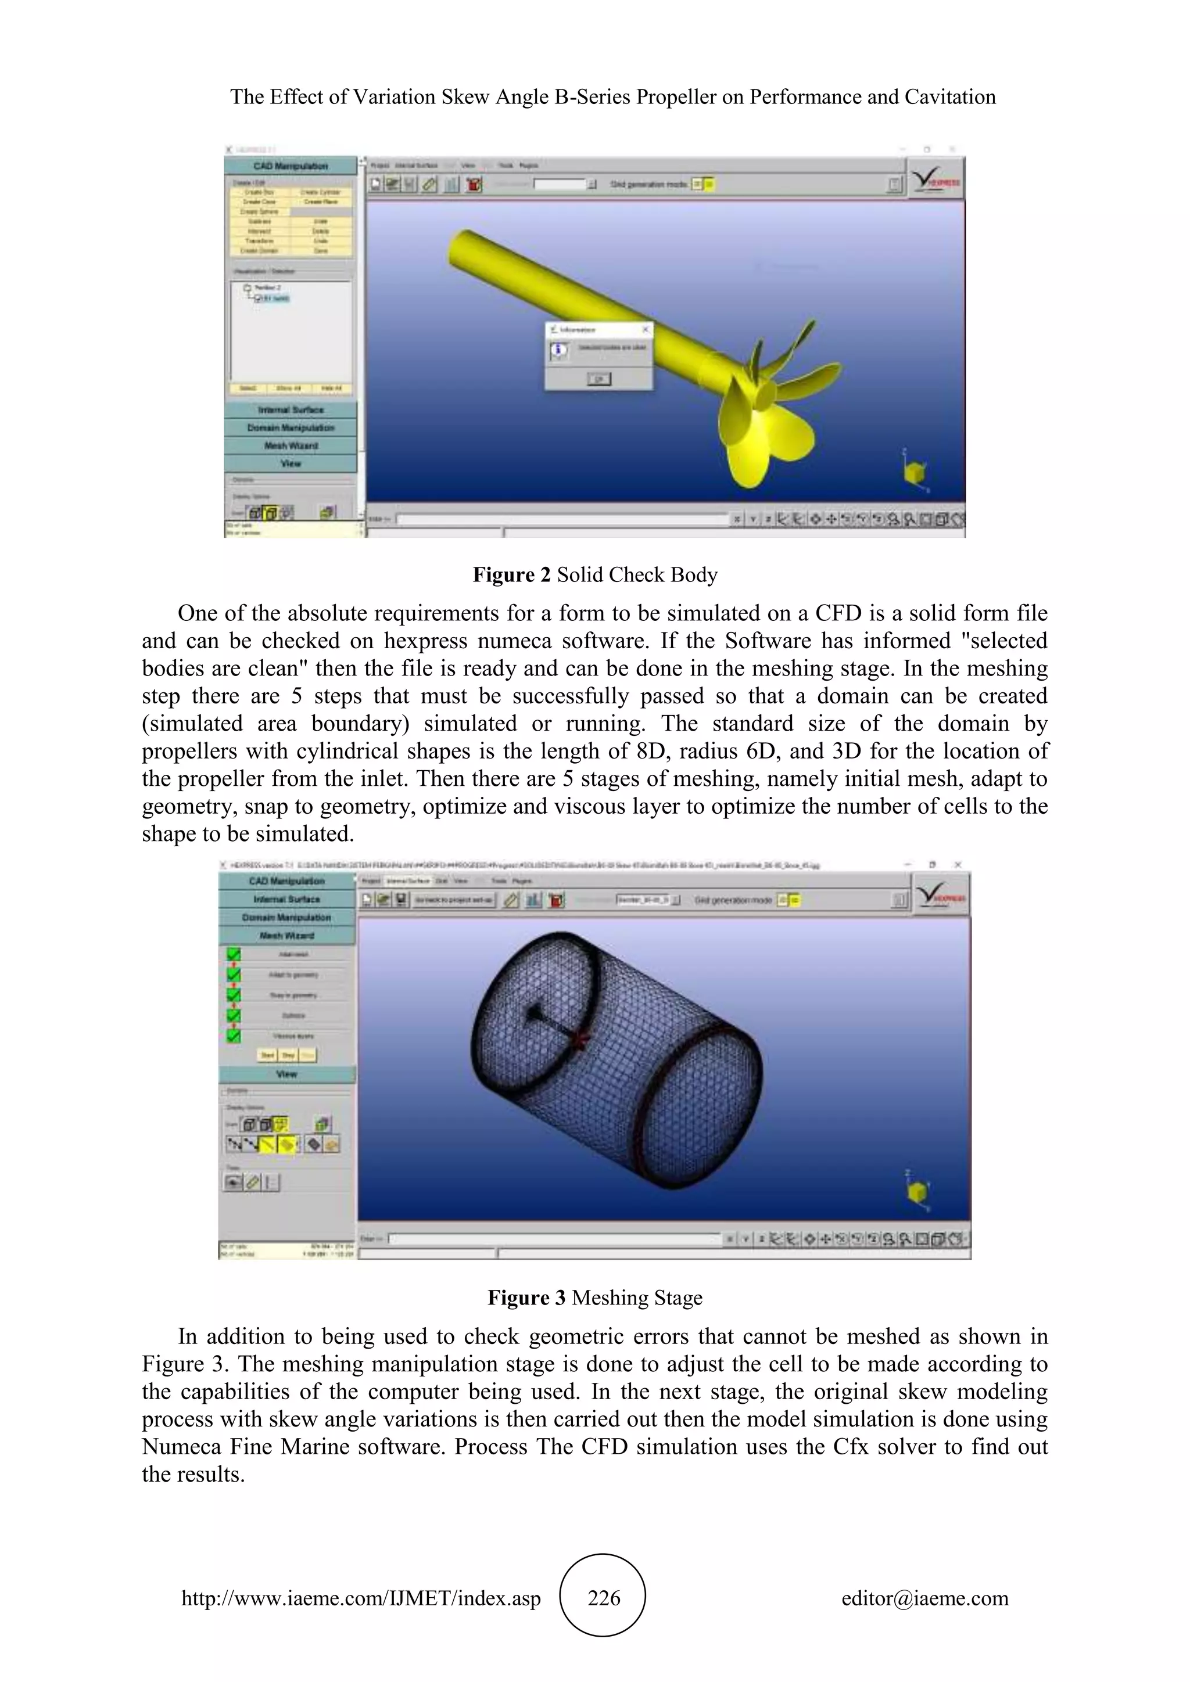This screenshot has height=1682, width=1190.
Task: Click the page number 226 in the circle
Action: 603,1598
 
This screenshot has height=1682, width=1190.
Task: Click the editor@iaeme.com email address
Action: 924,1598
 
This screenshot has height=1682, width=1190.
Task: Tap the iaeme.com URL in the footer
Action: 360,1598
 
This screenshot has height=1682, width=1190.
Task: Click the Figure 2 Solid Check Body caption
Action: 595,574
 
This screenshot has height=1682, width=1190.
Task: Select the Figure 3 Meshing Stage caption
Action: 595,1298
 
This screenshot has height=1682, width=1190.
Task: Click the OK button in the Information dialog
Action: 598,379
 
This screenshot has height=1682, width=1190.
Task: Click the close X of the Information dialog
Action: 646,330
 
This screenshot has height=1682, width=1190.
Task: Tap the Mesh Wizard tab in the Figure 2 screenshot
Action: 291,445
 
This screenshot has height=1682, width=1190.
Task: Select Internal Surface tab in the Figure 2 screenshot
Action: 291,409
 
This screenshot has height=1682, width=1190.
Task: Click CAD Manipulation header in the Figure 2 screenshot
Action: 291,166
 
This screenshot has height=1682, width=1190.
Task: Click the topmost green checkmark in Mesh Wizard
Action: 234,954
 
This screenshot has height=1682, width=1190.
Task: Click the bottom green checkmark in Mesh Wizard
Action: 234,1036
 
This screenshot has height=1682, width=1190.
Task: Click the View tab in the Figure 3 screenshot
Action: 286,1074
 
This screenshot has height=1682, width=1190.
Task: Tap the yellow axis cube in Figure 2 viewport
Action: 914,473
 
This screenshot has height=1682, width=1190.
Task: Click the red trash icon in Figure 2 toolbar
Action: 474,185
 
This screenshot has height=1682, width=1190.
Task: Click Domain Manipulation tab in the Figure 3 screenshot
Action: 286,917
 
